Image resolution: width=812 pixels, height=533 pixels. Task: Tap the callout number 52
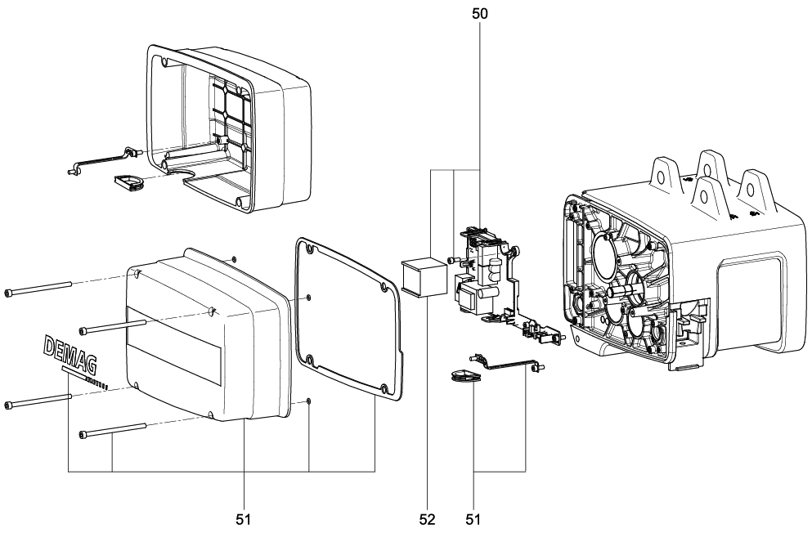(428, 518)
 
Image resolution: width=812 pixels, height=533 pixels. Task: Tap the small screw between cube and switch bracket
(452, 261)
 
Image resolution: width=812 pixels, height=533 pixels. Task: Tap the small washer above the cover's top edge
(236, 258)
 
